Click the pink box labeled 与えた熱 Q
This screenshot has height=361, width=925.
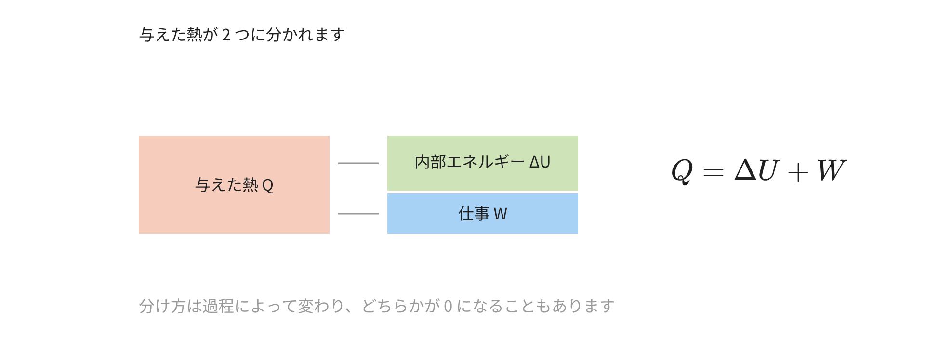click(234, 185)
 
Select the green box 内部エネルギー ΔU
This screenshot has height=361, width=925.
click(483, 163)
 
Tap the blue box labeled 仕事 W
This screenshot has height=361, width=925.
click(483, 214)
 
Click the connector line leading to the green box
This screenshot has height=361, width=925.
click(358, 163)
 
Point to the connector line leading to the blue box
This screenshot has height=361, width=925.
click(358, 214)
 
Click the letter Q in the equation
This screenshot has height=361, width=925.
click(682, 171)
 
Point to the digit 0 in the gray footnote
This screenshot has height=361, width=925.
click(448, 306)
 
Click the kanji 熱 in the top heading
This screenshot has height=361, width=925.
click(195, 35)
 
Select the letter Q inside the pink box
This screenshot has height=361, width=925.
click(268, 185)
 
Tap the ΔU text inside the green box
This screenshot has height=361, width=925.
click(540, 162)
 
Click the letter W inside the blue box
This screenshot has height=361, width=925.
click(500, 214)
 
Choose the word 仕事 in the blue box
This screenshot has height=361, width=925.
click(474, 214)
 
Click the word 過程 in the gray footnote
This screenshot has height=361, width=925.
click(218, 306)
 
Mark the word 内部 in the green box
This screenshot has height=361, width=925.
click(430, 162)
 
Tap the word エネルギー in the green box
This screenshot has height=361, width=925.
click(486, 162)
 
